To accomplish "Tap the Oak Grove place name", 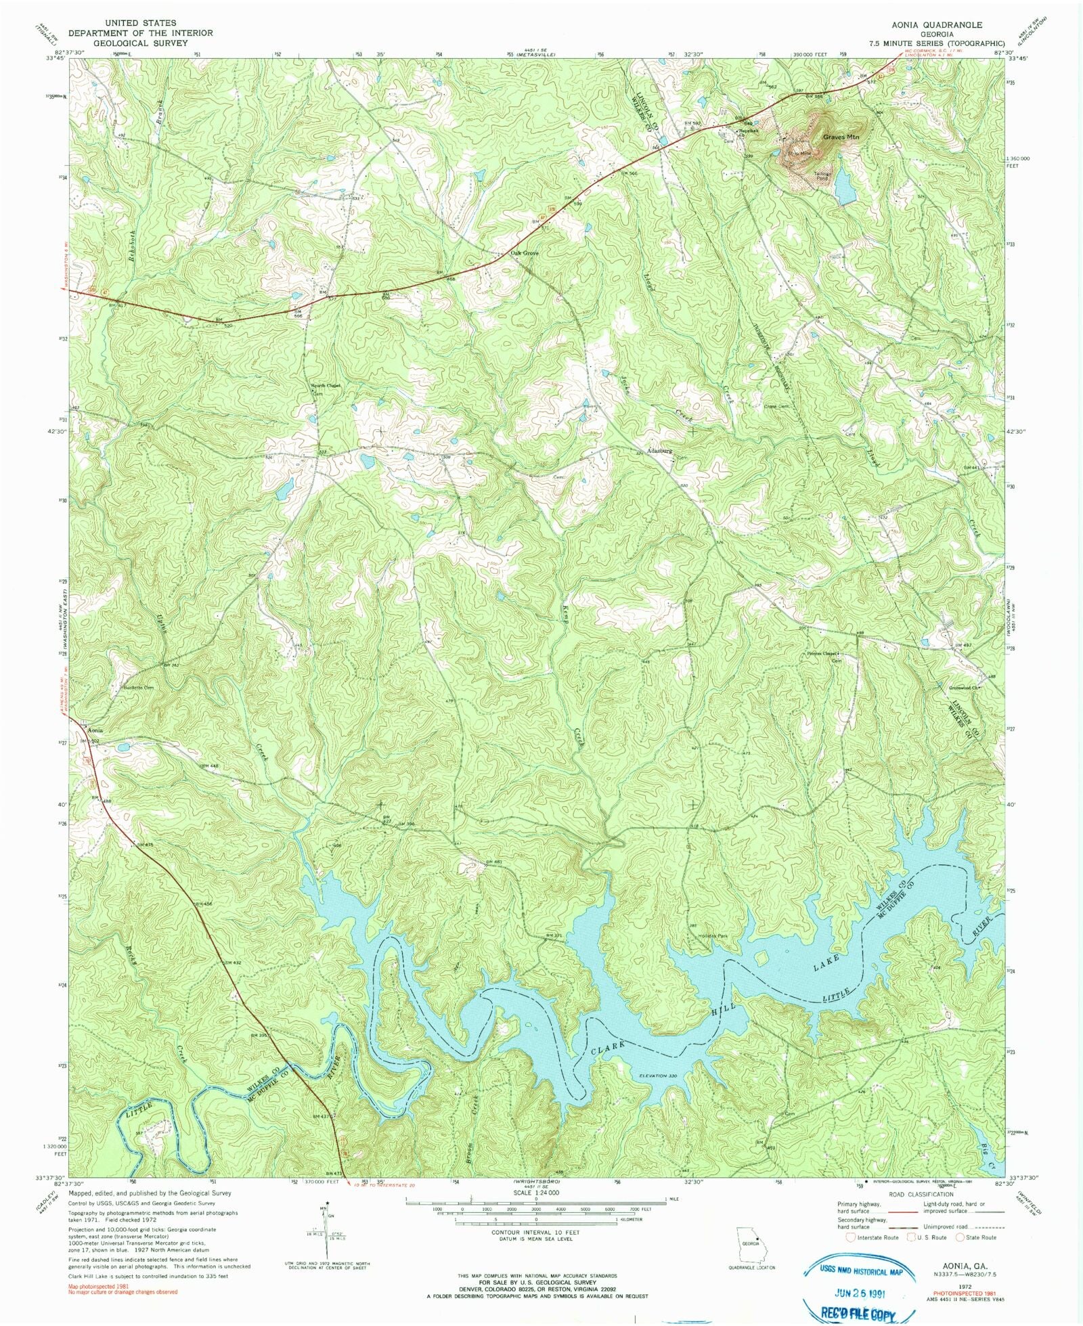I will pyautogui.click(x=525, y=253).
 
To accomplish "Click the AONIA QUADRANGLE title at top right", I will pyautogui.click(x=936, y=24).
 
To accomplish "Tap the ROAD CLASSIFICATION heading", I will pyautogui.click(x=921, y=1194).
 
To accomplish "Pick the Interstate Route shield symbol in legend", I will pyautogui.click(x=851, y=1237).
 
